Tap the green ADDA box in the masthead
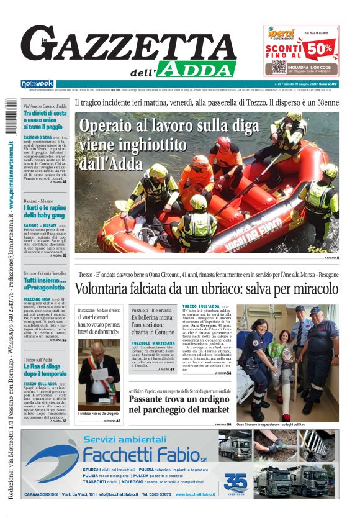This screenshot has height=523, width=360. (196, 68)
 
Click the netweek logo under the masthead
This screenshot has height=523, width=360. (37, 83)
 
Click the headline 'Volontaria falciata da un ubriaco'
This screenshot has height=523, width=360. (207, 289)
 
